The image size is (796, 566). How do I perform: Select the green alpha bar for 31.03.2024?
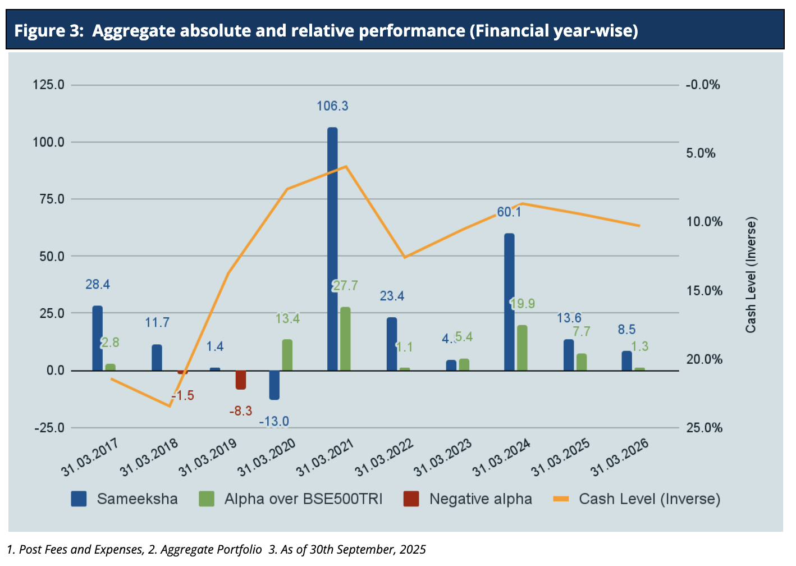pyautogui.click(x=522, y=348)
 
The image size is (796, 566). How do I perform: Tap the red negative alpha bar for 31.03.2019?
pyautogui.click(x=241, y=380)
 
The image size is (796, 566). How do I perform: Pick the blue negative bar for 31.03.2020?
pyautogui.click(x=275, y=385)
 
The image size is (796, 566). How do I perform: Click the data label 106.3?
pyautogui.click(x=332, y=106)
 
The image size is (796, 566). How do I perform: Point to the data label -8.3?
pyautogui.click(x=241, y=411)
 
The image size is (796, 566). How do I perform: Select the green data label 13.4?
pyautogui.click(x=287, y=319)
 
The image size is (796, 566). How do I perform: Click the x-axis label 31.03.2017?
pyautogui.click(x=90, y=458)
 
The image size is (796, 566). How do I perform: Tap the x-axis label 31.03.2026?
pyautogui.click(x=620, y=458)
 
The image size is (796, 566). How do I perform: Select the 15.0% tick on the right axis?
pyautogui.click(x=703, y=291)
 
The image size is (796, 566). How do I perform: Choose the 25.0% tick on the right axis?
pyautogui.click(x=703, y=428)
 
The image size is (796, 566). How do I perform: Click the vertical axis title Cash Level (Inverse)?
pyautogui.click(x=751, y=275)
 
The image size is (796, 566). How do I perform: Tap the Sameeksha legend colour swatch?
pyautogui.click(x=79, y=499)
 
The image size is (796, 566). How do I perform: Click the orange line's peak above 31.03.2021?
pyautogui.click(x=346, y=166)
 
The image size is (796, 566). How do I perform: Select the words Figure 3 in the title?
pyautogui.click(x=48, y=30)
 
